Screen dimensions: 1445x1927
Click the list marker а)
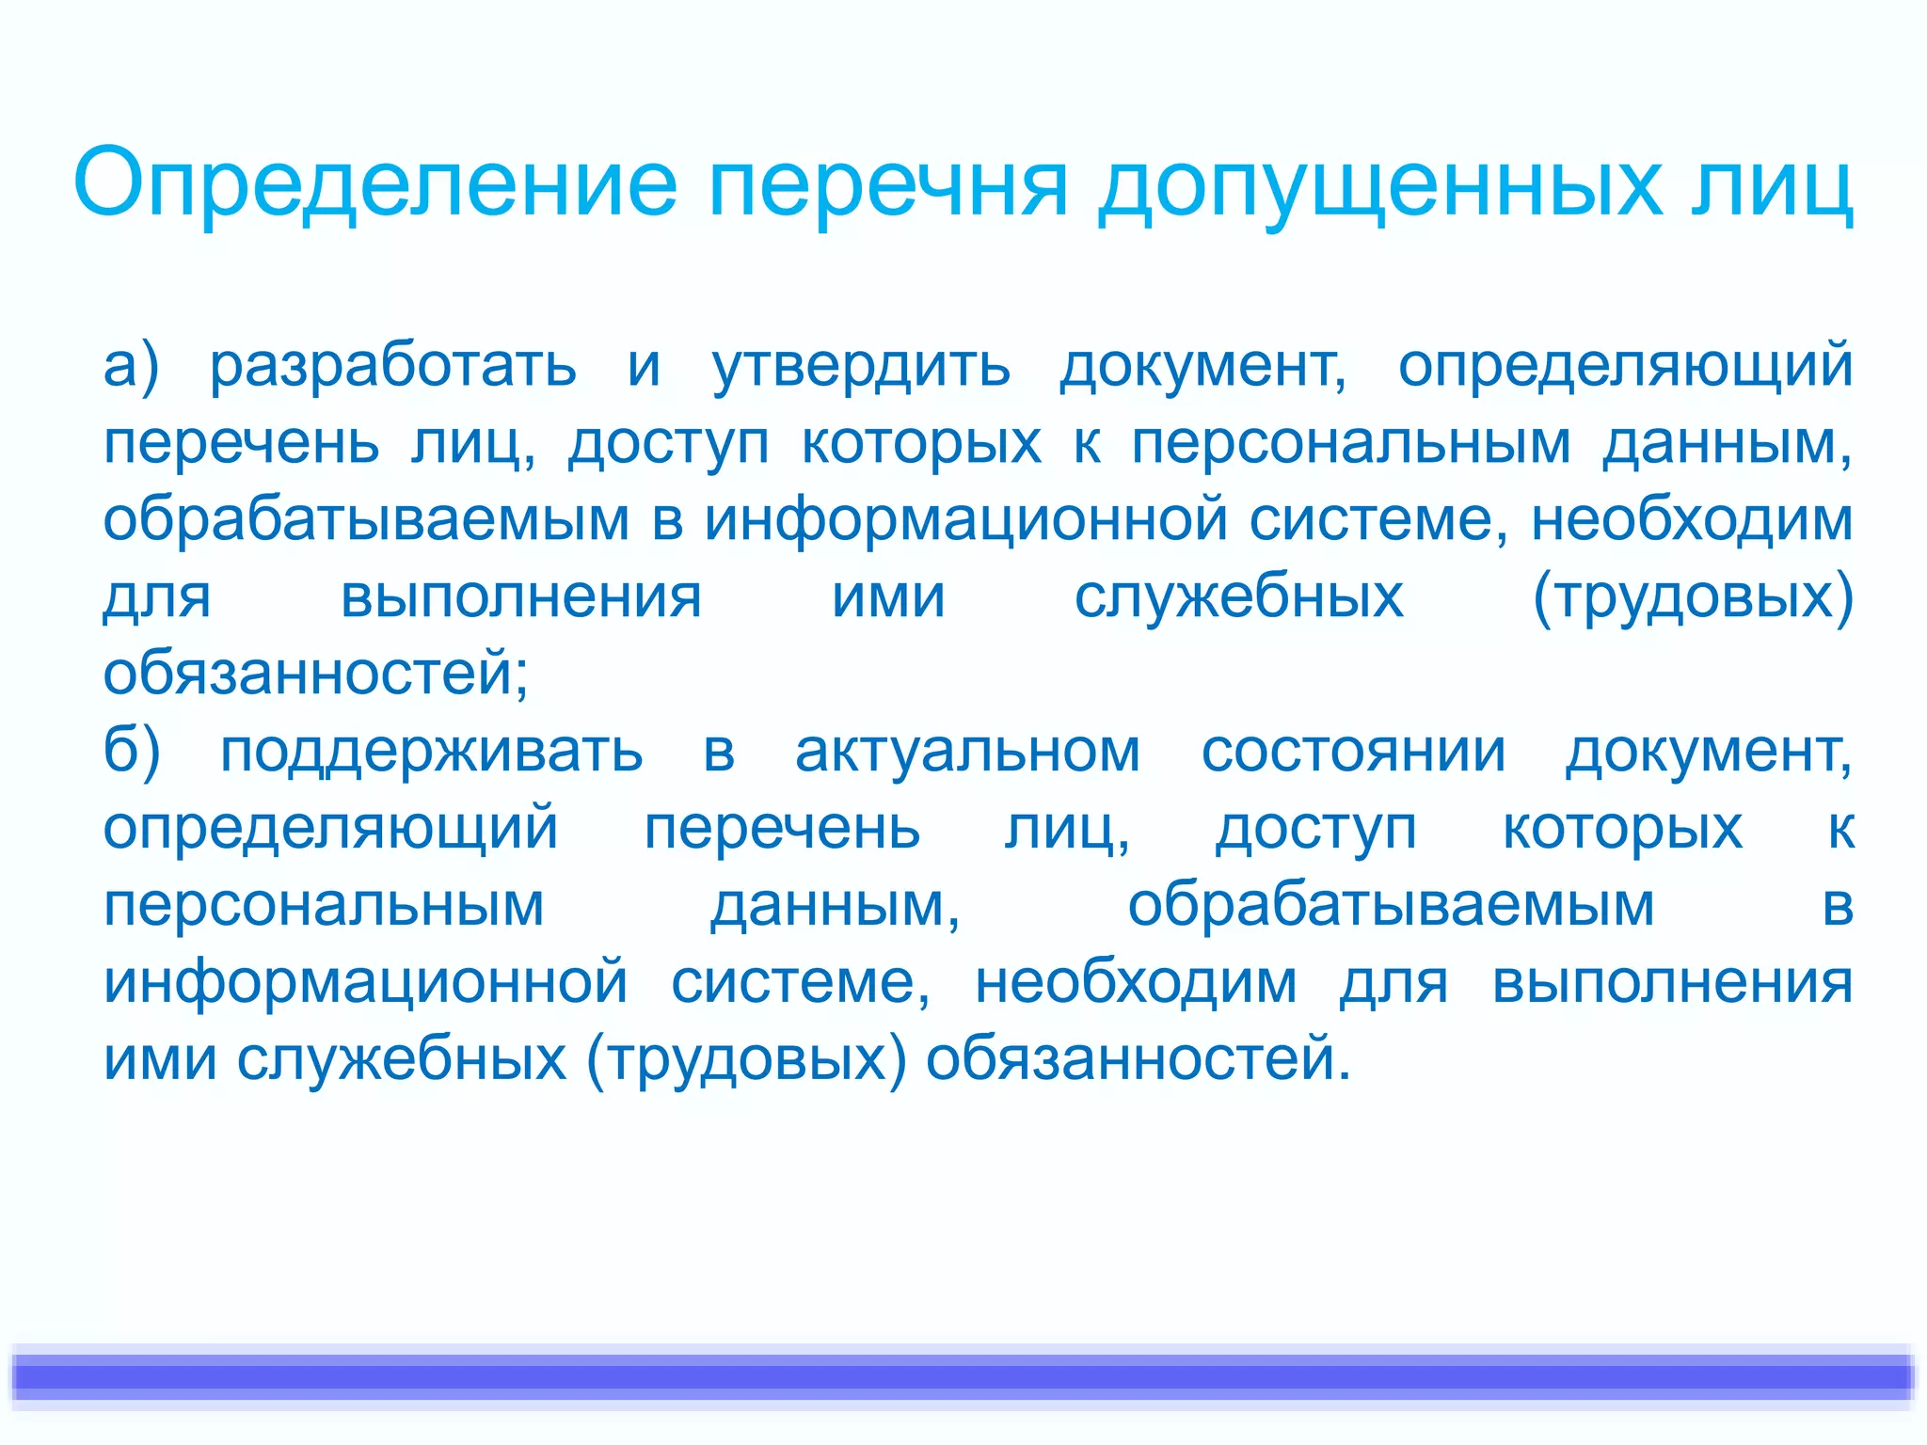[x=132, y=366]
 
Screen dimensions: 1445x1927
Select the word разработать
[x=392, y=366]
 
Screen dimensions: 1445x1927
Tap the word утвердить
[x=860, y=366]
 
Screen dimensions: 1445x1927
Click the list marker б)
[x=132, y=752]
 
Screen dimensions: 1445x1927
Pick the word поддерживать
[x=431, y=754]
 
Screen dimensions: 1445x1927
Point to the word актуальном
[x=967, y=752]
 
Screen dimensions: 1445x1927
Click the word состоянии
[x=1353, y=752]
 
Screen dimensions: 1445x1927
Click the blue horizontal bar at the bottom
[x=963, y=1377]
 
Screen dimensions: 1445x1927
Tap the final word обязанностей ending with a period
[x=1138, y=1058]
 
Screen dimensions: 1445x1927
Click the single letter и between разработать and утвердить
[x=644, y=366]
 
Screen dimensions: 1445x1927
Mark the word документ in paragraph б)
[x=1708, y=752]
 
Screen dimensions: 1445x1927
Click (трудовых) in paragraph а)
[x=1693, y=597]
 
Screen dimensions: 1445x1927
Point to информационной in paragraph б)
[x=365, y=983]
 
